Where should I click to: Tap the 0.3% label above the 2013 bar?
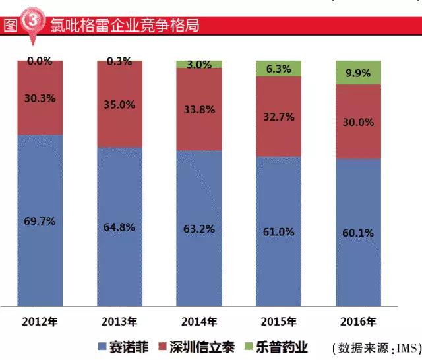coord(119,62)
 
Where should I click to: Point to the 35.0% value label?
coord(119,104)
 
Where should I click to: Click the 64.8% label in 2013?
coord(119,227)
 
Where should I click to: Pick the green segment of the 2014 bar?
coord(198,64)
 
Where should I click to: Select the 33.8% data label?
coord(198,110)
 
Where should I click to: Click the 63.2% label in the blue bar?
coord(198,230)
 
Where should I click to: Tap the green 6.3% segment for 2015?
coord(278,68)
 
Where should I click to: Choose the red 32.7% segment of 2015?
coord(278,117)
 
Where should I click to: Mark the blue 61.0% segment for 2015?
coord(278,232)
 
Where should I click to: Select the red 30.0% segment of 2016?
coord(357,122)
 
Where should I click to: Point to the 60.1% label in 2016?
coord(357,233)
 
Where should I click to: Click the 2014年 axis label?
coord(198,322)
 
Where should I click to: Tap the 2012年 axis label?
coord(40,322)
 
